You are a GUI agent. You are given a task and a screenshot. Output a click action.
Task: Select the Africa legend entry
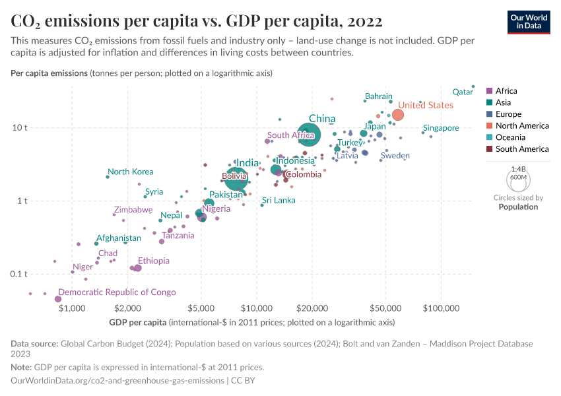point(506,91)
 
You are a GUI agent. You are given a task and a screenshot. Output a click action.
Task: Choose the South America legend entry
point(521,149)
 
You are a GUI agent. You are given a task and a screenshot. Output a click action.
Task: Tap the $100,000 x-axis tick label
point(441,308)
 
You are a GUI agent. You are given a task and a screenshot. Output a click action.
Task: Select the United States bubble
point(398,115)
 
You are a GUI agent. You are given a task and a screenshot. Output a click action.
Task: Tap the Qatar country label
point(462,92)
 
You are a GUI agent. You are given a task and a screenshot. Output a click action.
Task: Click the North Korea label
point(130,172)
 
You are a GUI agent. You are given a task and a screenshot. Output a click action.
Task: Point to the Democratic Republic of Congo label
point(117,292)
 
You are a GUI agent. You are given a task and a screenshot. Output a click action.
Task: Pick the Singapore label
point(441,128)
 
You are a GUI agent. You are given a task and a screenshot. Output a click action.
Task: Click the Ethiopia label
point(153,261)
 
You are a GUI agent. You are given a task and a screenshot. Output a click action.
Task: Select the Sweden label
point(395,156)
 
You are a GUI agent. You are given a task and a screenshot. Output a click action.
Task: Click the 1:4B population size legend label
point(518,169)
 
